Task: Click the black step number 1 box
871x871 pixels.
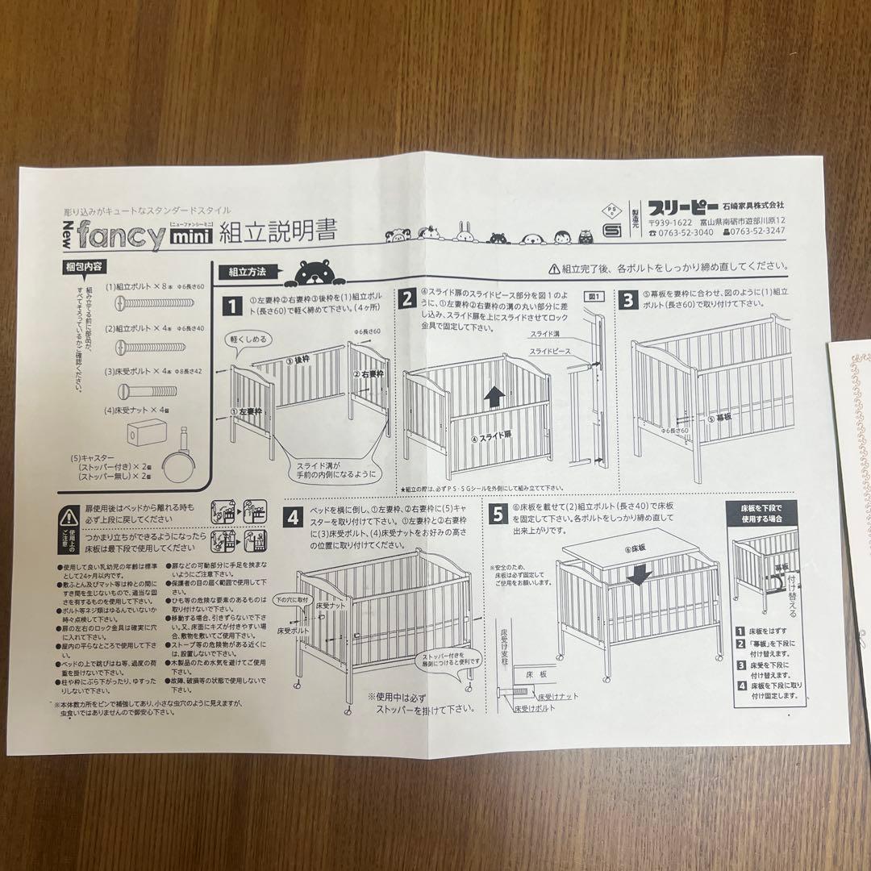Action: click(232, 306)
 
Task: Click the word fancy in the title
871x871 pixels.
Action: click(120, 235)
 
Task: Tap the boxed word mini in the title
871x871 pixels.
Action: click(190, 237)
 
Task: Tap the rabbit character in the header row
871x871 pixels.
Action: click(465, 231)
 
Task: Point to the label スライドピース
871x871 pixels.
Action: click(551, 352)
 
